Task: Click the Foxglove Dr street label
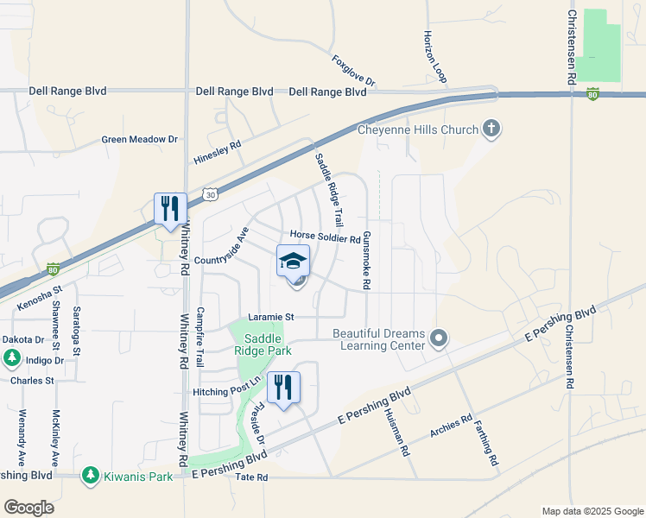point(354,71)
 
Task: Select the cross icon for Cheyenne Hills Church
point(491,130)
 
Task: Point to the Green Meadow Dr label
point(139,139)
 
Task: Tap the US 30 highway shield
point(210,196)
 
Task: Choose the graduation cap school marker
point(293,261)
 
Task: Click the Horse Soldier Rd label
point(325,237)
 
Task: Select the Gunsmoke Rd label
point(367,260)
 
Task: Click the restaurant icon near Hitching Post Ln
point(282,387)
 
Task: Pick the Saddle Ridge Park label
point(263,344)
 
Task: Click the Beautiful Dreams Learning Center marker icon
point(439,338)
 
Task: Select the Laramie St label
point(271,317)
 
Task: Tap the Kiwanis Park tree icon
point(91,475)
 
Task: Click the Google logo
point(29,508)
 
